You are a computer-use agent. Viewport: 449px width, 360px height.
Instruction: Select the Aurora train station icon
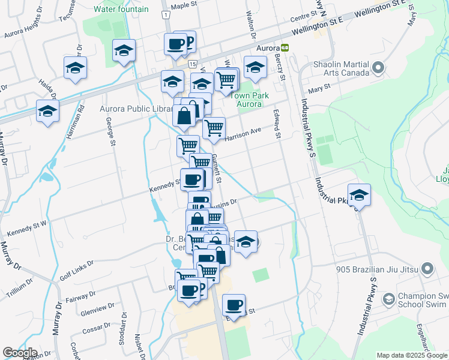285,47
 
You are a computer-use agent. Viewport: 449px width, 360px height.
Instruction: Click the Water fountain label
121,9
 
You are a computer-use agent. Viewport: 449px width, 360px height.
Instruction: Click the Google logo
20,353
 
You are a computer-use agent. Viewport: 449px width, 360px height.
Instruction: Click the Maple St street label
184,5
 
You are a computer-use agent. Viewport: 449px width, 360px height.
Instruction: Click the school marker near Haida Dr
47,111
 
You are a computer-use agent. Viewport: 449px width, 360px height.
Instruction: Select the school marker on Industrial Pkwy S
359,195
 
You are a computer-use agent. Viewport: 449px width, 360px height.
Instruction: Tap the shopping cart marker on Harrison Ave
214,127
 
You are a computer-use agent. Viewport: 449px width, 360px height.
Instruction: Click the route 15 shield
191,63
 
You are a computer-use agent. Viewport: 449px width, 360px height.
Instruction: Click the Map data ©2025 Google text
412,355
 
